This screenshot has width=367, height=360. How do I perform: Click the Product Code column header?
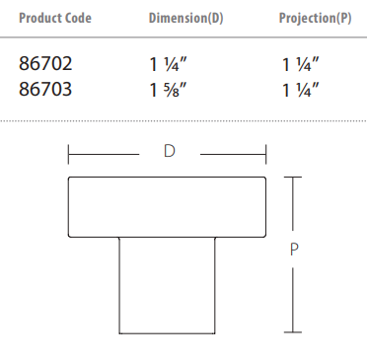click(55, 18)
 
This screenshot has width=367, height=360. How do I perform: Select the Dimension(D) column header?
click(186, 18)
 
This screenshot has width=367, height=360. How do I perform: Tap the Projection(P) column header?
click(315, 18)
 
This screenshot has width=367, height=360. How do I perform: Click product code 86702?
click(45, 63)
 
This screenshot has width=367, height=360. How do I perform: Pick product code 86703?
click(45, 89)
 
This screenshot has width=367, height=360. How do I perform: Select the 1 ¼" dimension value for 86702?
click(168, 64)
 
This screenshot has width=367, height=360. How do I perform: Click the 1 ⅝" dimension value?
click(168, 90)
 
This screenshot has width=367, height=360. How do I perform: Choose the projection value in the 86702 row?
click(301, 64)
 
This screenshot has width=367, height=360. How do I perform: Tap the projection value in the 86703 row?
click(301, 90)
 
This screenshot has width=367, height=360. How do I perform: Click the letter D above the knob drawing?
click(170, 151)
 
